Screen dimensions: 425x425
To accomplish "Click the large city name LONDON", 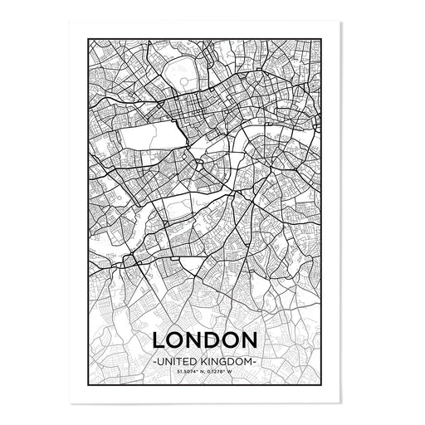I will [x=216, y=341].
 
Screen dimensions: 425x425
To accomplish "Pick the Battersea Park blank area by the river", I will [x=184, y=208].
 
